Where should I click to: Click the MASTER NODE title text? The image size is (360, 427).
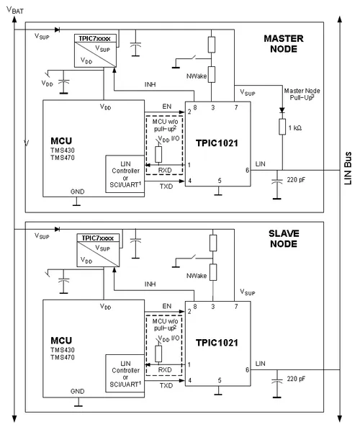tap(284, 44)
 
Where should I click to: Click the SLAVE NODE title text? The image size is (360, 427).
tap(284, 238)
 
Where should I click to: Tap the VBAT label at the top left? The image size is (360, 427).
tap(15, 10)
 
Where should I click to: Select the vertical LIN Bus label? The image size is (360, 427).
tap(348, 168)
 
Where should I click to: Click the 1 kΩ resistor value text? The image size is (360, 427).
tap(295, 127)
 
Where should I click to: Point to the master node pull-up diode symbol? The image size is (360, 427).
tap(282, 110)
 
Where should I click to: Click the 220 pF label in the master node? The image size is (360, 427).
tap(296, 180)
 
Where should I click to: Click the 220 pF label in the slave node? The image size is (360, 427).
tap(296, 379)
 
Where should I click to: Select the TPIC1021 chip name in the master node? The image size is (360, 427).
tap(217, 143)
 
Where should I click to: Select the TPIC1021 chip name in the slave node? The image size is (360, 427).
tap(217, 343)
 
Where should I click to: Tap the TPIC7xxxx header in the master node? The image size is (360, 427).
tap(94, 38)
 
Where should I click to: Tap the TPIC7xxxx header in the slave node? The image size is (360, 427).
tap(97, 238)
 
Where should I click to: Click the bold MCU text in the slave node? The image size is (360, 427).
tap(61, 341)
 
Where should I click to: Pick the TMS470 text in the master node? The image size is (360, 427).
tap(63, 158)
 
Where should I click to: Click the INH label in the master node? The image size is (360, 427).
tap(150, 84)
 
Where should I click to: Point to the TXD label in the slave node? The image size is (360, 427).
tap(166, 386)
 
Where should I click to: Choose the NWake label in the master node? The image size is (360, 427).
tap(197, 76)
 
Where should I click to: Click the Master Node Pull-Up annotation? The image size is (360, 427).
tap(302, 94)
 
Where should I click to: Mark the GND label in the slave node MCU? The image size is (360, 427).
tap(77, 391)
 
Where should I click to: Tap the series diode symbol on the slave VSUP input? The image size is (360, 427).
tap(57, 229)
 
